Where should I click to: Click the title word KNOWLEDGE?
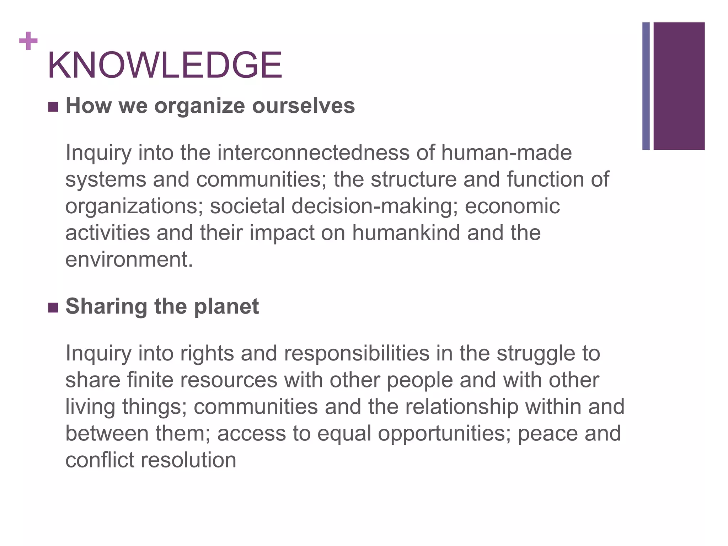tap(165, 65)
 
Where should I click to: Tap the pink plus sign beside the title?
tap(28, 41)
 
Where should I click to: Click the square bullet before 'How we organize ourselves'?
tap(53, 107)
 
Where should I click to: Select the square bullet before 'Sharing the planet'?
tap(53, 307)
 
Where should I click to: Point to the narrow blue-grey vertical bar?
tap(646, 86)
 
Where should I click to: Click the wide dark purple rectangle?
tap(679, 86)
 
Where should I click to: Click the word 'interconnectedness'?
tap(313, 153)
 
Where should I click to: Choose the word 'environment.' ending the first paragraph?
tap(129, 259)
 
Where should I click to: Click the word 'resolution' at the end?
tap(188, 460)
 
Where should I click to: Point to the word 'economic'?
tap(512, 206)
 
